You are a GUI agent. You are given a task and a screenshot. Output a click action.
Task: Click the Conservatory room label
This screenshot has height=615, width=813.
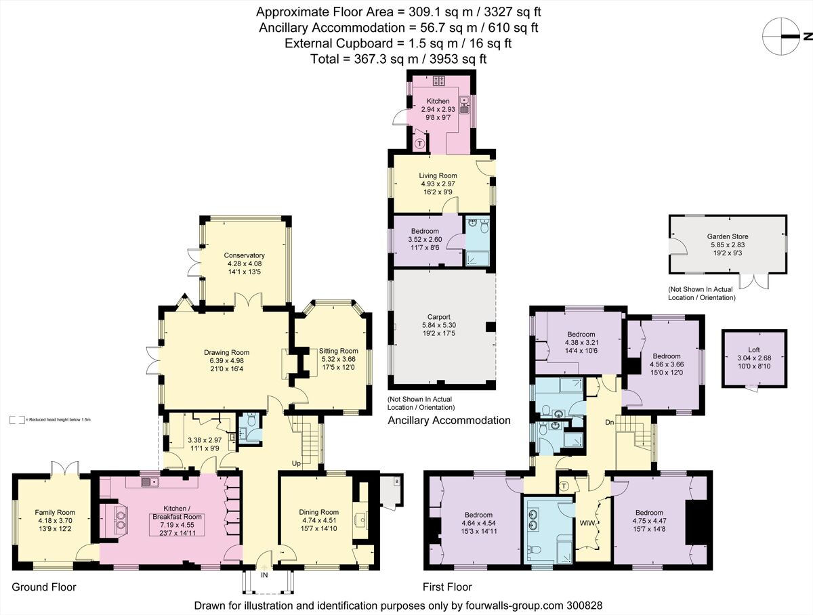(x=244, y=255)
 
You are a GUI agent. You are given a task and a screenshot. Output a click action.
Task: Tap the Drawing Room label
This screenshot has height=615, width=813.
(x=226, y=352)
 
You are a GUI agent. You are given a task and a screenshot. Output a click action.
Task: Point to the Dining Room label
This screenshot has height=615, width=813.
(x=319, y=512)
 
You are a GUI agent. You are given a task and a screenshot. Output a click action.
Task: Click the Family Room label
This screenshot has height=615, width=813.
(x=55, y=512)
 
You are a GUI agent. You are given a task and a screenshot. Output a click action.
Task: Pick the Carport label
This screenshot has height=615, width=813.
(x=439, y=316)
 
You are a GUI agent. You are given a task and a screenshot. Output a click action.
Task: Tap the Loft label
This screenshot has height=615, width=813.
(x=753, y=350)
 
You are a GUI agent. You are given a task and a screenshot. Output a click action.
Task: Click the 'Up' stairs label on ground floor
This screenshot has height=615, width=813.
(x=295, y=463)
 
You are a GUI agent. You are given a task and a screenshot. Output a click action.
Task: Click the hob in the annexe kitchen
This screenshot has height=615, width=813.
(x=438, y=81)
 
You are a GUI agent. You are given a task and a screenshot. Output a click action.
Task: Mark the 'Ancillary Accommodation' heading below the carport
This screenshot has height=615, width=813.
(x=449, y=421)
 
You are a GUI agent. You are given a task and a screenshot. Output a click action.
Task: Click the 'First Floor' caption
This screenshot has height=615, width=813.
(x=447, y=587)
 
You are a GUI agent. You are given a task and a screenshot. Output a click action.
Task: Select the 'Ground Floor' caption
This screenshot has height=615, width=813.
(x=44, y=587)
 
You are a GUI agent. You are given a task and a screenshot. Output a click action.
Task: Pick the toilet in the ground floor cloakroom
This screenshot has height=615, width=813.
(x=251, y=421)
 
